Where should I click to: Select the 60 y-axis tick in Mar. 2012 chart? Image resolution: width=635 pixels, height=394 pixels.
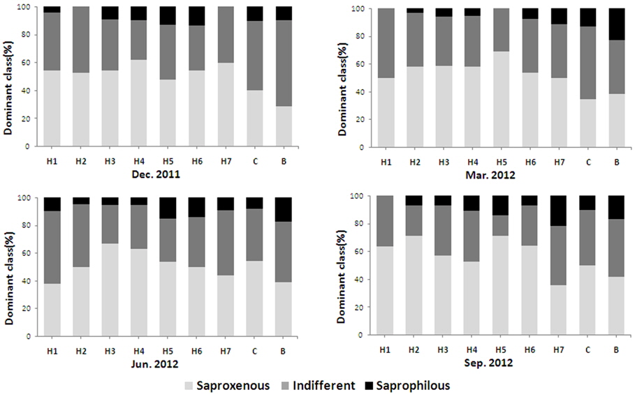pyautogui.click(x=360, y=64)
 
